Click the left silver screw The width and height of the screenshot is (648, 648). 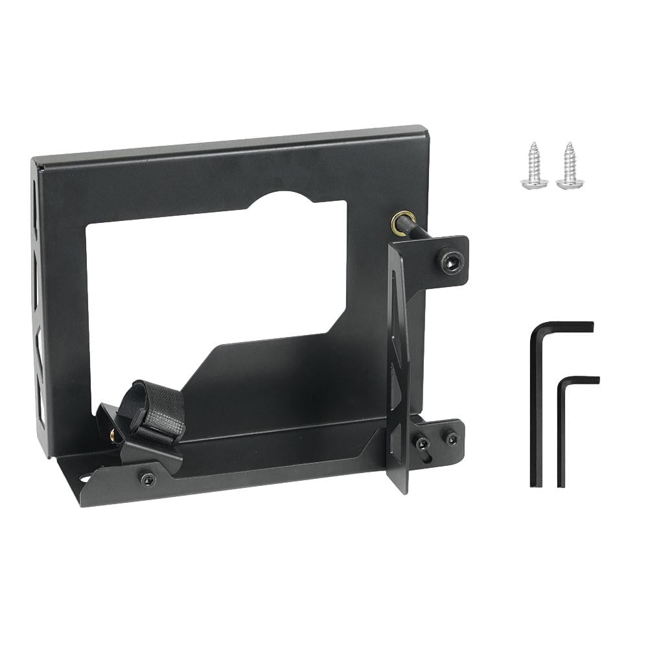click(535, 167)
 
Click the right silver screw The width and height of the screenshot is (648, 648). click(570, 167)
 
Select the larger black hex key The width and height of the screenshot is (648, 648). click(537, 402)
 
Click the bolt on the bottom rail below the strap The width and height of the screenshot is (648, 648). click(148, 479)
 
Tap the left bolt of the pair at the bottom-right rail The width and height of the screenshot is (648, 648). click(422, 443)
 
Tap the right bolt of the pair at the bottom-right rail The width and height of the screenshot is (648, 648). click(451, 438)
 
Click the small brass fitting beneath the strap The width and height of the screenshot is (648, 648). click(114, 436)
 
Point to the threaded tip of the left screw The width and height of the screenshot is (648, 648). click(534, 148)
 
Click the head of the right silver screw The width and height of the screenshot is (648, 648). click(570, 183)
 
